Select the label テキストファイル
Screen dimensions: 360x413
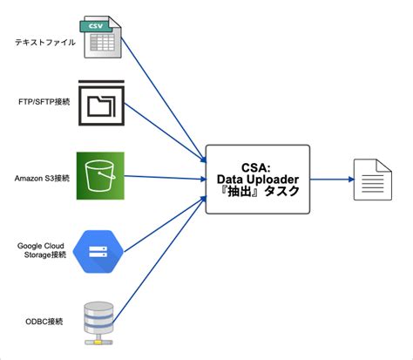[44, 41]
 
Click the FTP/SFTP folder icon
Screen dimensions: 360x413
[102, 106]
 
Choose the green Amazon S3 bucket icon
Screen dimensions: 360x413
[100, 177]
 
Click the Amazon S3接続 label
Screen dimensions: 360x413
[41, 178]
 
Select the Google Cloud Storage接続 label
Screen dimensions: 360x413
[42, 251]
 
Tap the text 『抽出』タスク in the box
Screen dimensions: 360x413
[257, 192]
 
